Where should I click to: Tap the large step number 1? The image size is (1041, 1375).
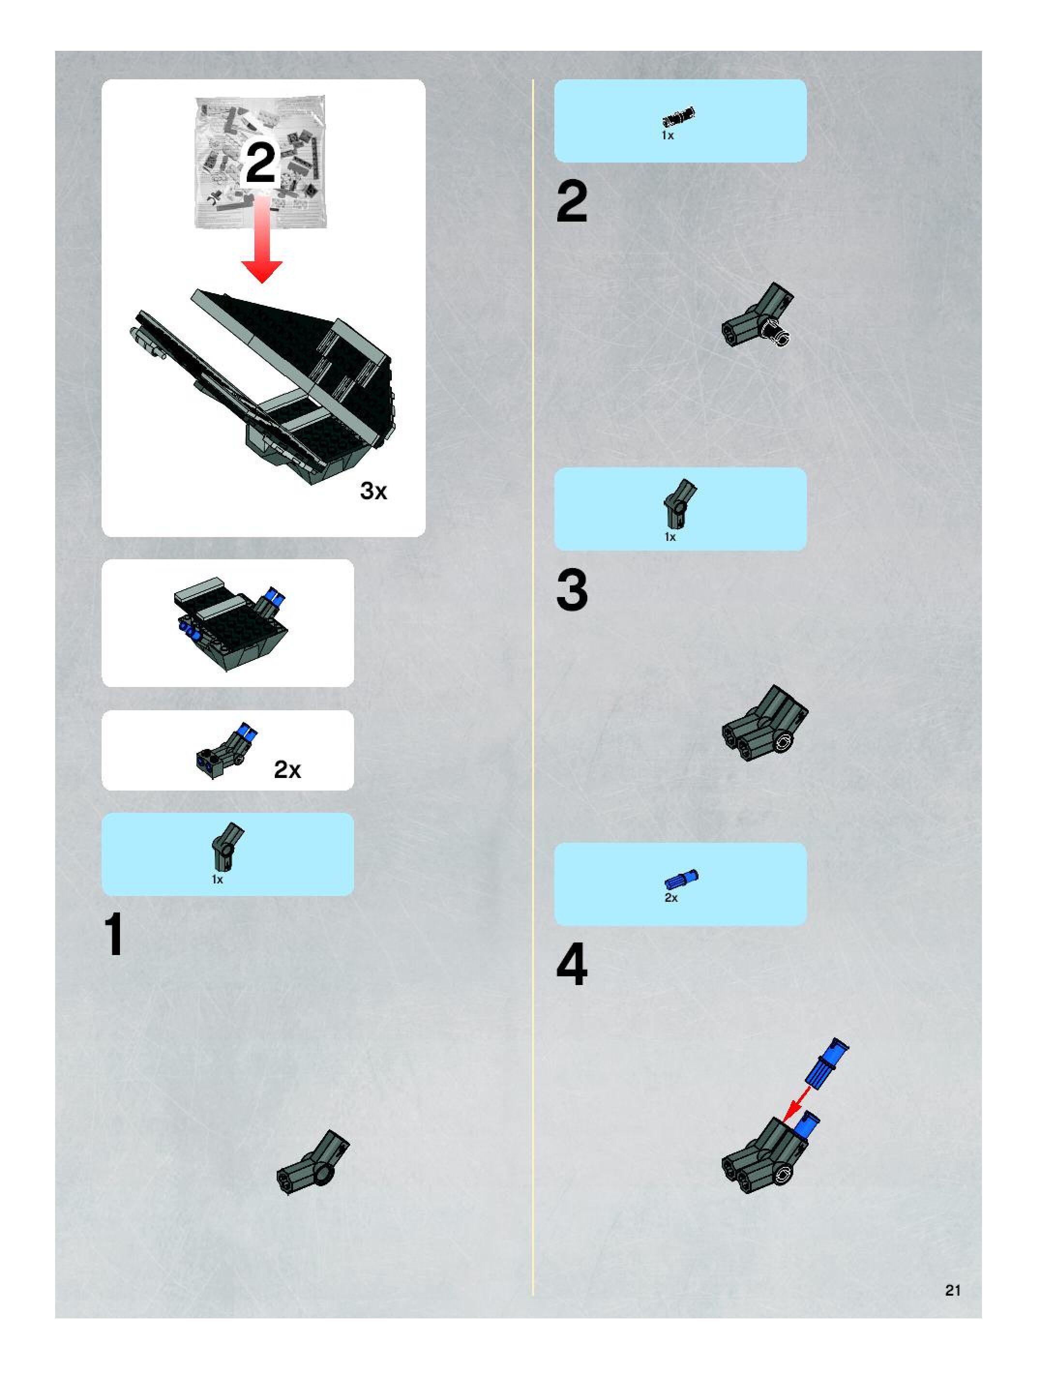pyautogui.click(x=114, y=935)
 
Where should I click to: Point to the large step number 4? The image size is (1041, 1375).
pyautogui.click(x=572, y=965)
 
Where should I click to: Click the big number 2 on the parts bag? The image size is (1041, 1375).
pyautogui.click(x=260, y=163)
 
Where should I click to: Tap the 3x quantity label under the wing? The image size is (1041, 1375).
pyautogui.click(x=373, y=491)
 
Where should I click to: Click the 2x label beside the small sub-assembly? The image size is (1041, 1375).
pyautogui.click(x=287, y=770)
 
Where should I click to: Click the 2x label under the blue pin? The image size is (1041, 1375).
pyautogui.click(x=671, y=897)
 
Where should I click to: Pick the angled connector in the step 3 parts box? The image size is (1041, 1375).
pyautogui.click(x=679, y=504)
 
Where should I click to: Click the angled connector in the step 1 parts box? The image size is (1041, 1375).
pyautogui.click(x=227, y=847)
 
